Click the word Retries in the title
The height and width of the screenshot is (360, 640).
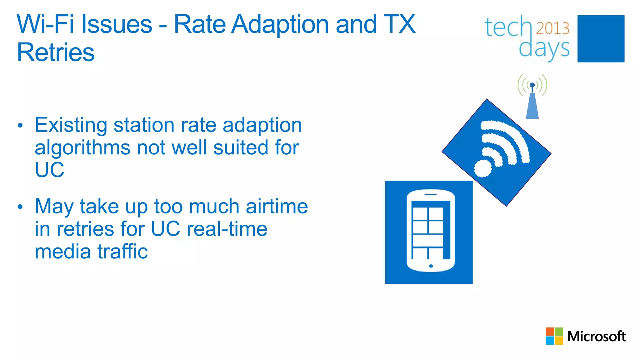[x=56, y=52]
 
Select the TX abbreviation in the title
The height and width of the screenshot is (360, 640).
[x=399, y=24]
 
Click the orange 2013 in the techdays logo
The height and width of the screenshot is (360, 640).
[x=552, y=28]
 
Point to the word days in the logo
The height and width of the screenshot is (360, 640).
[x=544, y=49]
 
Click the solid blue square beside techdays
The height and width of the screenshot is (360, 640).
[x=601, y=39]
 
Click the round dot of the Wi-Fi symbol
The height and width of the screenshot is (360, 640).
[x=483, y=168]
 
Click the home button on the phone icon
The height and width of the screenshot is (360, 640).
[x=431, y=266]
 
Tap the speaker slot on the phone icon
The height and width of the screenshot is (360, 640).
[x=430, y=194]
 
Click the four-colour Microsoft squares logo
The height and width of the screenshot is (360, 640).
[x=554, y=336]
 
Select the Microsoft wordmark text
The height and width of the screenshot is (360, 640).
[x=596, y=337]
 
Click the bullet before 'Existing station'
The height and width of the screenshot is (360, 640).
[x=20, y=126]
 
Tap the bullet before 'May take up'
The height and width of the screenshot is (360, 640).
[x=20, y=207]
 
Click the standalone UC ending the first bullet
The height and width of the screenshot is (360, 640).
[x=49, y=170]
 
